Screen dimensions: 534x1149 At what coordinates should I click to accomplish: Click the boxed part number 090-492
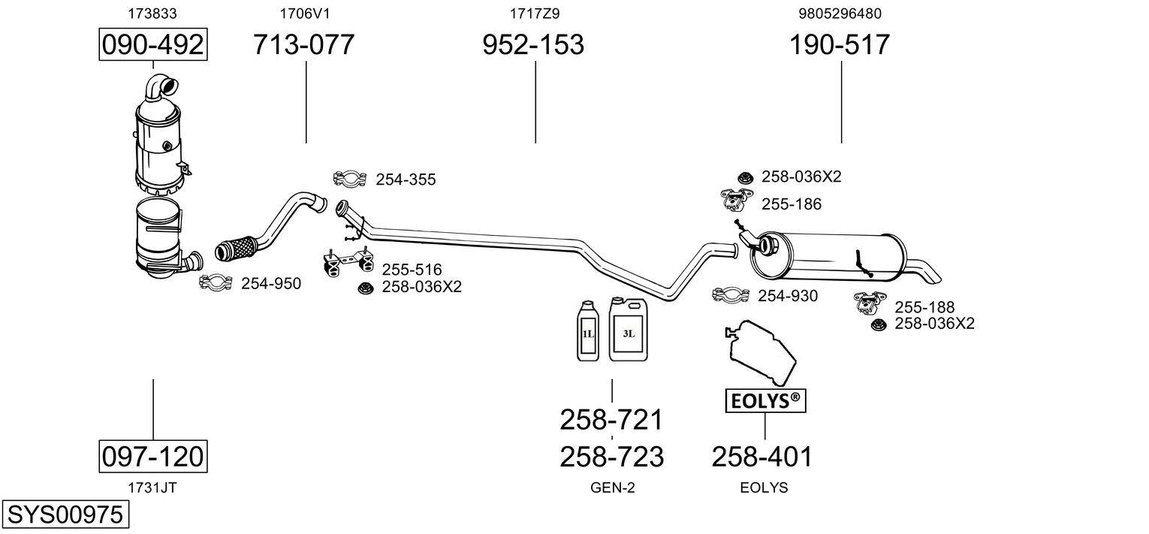click(x=153, y=45)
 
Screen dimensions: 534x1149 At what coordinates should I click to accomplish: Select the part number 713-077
click(x=303, y=45)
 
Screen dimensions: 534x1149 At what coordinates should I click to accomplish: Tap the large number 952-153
click(x=533, y=45)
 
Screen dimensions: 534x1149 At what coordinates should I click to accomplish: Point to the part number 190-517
click(x=839, y=45)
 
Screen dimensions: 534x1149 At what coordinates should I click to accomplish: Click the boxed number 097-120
click(x=153, y=456)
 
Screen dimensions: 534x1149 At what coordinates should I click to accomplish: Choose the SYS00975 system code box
click(x=64, y=515)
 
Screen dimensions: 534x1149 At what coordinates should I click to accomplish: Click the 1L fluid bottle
click(x=587, y=332)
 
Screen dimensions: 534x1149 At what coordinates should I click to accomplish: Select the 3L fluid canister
click(x=628, y=330)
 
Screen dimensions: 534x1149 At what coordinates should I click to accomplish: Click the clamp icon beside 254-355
click(x=350, y=179)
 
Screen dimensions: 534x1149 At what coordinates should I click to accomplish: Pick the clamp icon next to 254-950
click(x=216, y=282)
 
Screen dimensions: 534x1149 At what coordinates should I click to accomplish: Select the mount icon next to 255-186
click(x=737, y=201)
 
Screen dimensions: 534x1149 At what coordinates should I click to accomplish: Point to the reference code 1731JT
click(x=152, y=487)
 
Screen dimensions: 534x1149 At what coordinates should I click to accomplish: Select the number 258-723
click(x=611, y=456)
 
